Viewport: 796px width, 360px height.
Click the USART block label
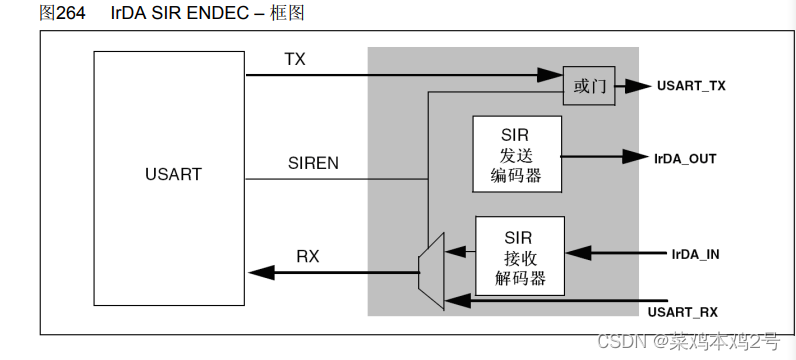(172, 174)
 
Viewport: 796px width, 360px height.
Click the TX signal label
(294, 60)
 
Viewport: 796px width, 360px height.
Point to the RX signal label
(308, 256)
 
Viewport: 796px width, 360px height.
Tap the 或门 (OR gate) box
(588, 86)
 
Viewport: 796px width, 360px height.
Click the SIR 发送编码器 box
(516, 155)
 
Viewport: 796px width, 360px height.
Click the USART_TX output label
(691, 86)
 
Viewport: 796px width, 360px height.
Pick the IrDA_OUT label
(685, 158)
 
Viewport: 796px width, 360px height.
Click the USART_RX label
(683, 312)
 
